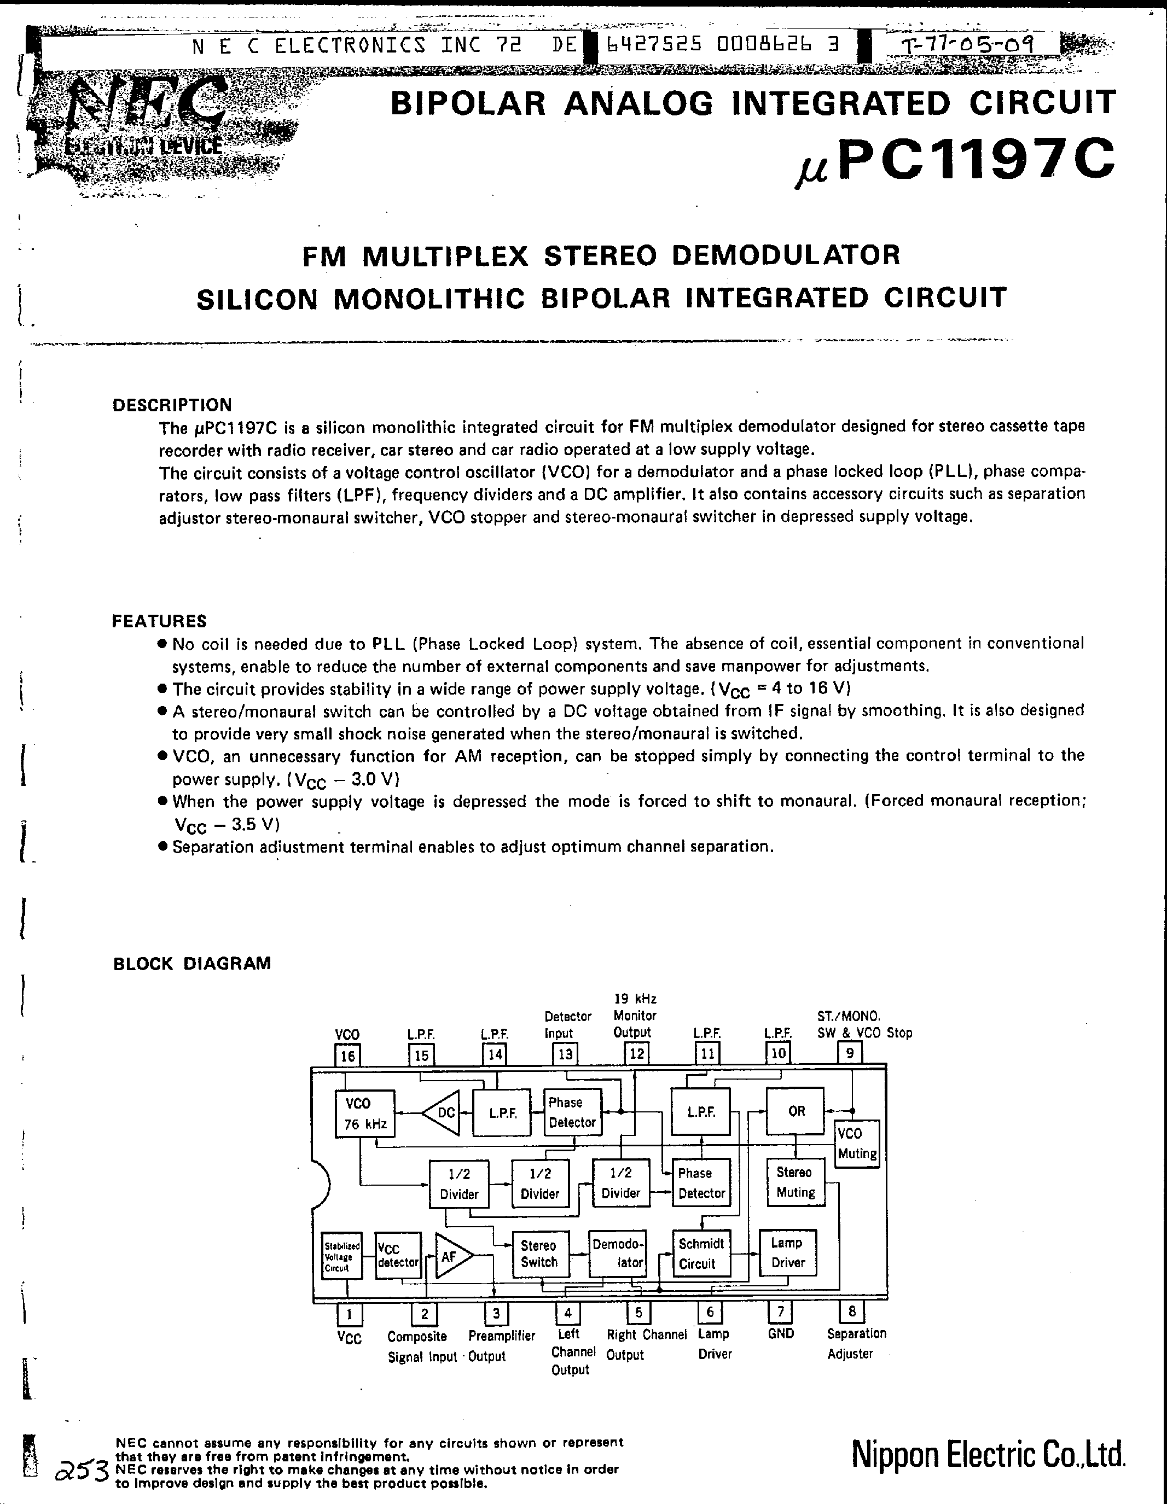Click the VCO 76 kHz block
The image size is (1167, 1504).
pyautogui.click(x=364, y=1114)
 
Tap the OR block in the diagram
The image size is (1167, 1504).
pyautogui.click(x=796, y=1111)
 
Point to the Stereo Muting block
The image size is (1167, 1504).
pyautogui.click(x=796, y=1182)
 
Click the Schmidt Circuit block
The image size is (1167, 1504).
pyautogui.click(x=701, y=1254)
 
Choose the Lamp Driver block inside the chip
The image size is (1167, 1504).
pyautogui.click(x=787, y=1252)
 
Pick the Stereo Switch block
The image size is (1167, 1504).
pyautogui.click(x=539, y=1254)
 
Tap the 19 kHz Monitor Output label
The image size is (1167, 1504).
pyautogui.click(x=635, y=1015)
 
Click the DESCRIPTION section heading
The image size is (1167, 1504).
pyautogui.click(x=172, y=405)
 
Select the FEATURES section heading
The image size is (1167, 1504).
pyautogui.click(x=159, y=621)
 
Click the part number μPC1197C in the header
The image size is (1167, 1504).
pyautogui.click(x=955, y=160)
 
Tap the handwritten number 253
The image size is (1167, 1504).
pyautogui.click(x=84, y=1472)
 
